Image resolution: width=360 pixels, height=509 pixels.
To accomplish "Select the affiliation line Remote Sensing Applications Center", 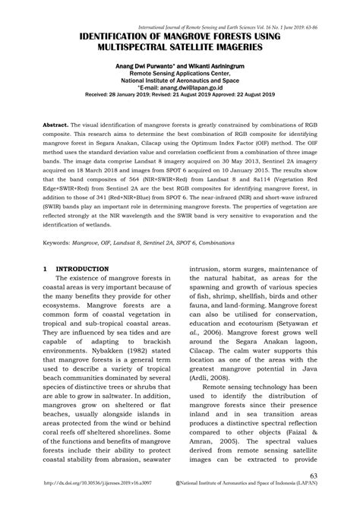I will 180,74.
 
